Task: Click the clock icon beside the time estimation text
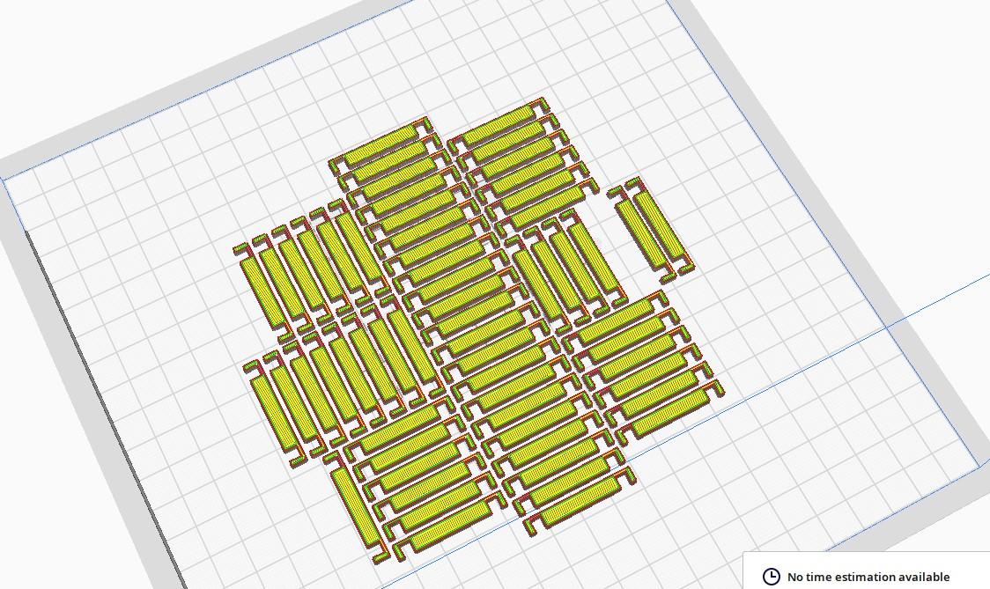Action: [771, 577]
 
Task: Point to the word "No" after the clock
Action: [794, 577]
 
